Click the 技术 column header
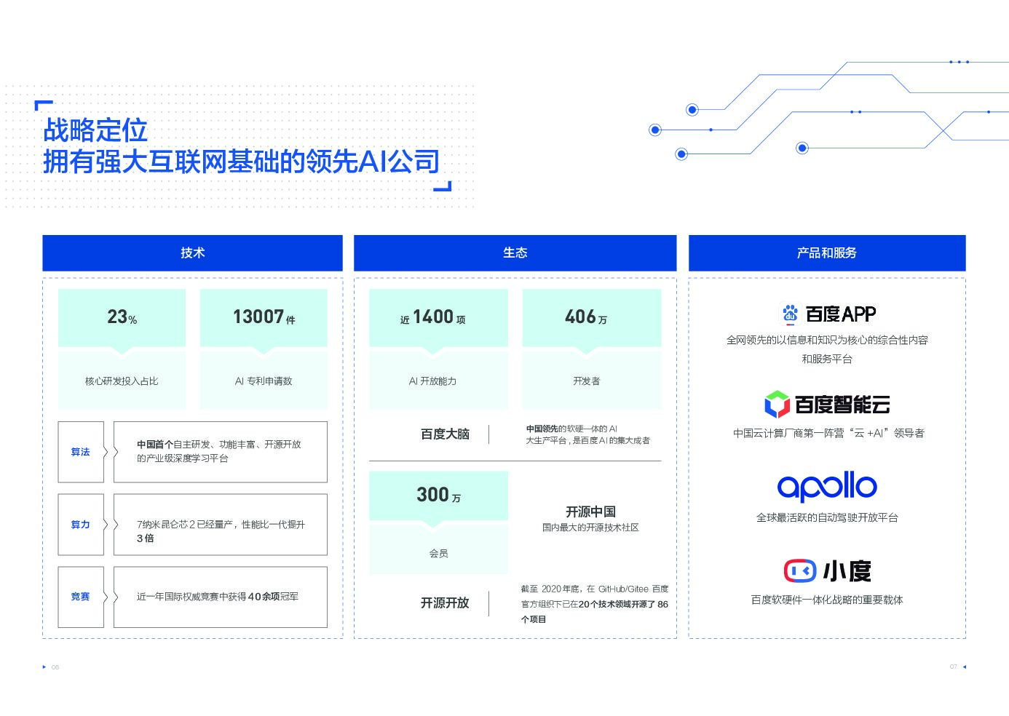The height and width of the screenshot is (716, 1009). [192, 252]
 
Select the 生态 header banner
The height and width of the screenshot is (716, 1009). [515, 252]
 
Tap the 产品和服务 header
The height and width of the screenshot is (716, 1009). [826, 252]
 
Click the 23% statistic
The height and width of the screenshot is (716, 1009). [122, 317]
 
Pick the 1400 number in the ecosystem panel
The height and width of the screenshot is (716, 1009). [433, 317]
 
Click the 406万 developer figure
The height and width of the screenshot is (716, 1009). [586, 317]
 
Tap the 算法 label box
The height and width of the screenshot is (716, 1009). [81, 452]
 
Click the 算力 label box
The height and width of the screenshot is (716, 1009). [81, 525]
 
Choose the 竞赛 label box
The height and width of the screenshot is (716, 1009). [81, 597]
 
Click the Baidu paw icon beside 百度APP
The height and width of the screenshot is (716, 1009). [790, 314]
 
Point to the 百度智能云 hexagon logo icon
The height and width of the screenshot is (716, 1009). [776, 404]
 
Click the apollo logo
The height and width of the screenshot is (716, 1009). [826, 486]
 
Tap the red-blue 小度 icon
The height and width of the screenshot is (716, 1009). [799, 570]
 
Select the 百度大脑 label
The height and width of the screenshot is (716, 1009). [445, 434]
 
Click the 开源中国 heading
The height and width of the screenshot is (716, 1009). [590, 512]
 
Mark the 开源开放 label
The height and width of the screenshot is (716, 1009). [445, 603]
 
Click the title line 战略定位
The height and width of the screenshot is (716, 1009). [95, 131]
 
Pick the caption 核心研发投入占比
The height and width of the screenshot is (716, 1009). [122, 381]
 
